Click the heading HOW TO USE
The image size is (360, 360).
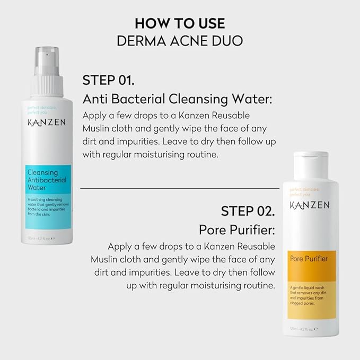tap(180, 23)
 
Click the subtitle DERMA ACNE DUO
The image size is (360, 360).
tap(180, 41)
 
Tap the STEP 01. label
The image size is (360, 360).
tap(108, 81)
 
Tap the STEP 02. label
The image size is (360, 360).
tap(248, 210)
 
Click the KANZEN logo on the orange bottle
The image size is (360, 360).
tap(310, 205)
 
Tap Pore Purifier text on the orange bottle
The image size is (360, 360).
tap(309, 259)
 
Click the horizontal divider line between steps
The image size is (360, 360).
tap(179, 188)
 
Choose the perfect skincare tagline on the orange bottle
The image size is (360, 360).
tap(303, 191)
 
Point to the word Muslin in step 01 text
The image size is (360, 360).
tap(95, 128)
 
